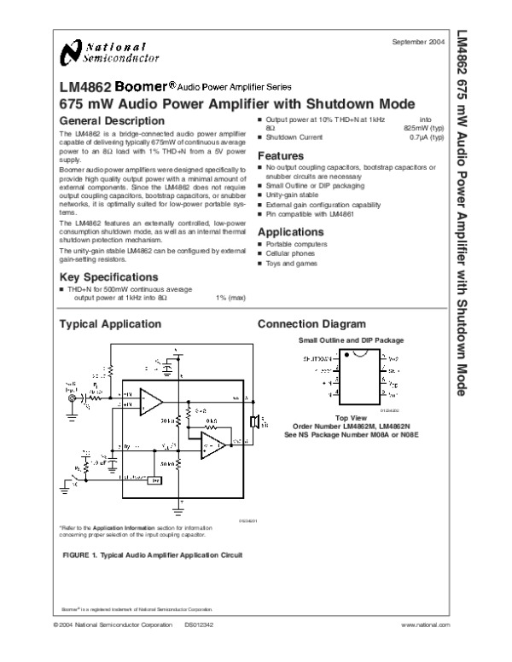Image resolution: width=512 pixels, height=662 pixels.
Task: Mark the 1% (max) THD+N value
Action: pos(230,298)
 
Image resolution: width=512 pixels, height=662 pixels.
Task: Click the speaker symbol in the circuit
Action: pos(253,421)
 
